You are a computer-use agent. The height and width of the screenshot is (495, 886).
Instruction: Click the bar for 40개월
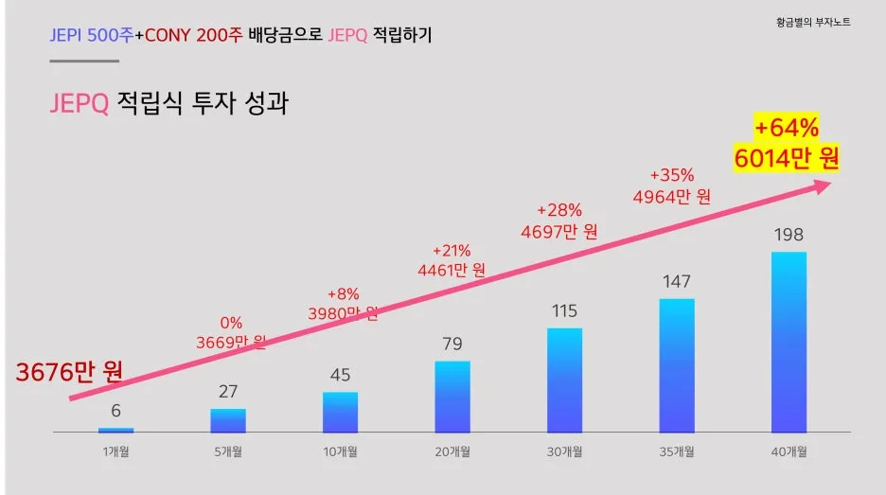click(789, 342)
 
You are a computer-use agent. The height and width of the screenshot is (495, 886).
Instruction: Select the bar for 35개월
click(677, 365)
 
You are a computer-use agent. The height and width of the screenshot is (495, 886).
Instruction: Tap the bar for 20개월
click(452, 397)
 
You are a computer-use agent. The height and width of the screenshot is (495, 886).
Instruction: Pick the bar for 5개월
click(228, 420)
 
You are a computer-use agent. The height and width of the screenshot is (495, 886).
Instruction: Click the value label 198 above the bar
click(789, 234)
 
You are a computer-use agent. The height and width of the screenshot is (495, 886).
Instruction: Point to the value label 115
click(564, 310)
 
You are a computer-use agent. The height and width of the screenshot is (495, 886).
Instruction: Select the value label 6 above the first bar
click(115, 411)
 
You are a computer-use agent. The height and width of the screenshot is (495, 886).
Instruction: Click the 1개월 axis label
click(115, 452)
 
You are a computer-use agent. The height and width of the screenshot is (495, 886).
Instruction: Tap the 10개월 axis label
click(340, 452)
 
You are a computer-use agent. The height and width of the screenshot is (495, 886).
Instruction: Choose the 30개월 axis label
click(564, 452)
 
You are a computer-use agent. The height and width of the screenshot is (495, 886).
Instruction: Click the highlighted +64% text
click(786, 128)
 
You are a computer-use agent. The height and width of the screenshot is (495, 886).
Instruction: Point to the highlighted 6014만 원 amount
click(786, 158)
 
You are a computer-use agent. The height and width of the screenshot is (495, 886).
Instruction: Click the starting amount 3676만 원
click(69, 372)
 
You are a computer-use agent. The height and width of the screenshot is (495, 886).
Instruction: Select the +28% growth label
click(559, 210)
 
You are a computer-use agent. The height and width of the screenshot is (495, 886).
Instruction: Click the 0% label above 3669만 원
click(231, 321)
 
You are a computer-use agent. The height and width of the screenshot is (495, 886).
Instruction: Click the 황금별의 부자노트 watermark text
click(812, 22)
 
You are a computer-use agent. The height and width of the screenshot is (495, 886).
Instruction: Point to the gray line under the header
click(84, 61)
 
